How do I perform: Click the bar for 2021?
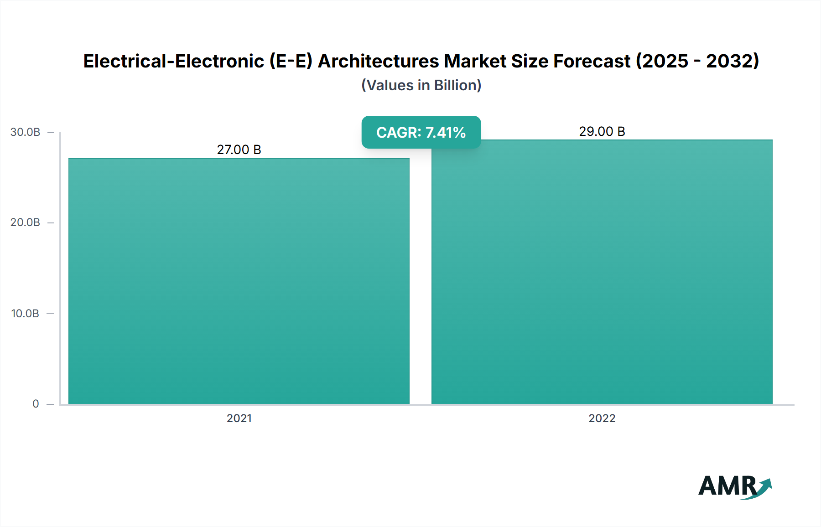click(239, 281)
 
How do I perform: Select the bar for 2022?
click(602, 272)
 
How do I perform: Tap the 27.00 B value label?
click(239, 150)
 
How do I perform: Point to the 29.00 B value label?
click(602, 131)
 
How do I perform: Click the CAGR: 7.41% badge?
click(421, 132)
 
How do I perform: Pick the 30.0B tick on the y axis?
click(26, 132)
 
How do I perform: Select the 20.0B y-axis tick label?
click(26, 222)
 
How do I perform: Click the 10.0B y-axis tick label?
click(26, 313)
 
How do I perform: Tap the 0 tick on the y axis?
click(36, 404)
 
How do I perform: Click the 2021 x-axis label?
click(239, 418)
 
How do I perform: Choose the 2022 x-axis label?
click(602, 418)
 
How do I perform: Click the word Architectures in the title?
click(378, 61)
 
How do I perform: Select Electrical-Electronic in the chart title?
click(173, 61)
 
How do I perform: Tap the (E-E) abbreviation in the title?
click(291, 61)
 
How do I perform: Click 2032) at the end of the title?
click(733, 61)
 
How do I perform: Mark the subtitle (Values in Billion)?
click(421, 85)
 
